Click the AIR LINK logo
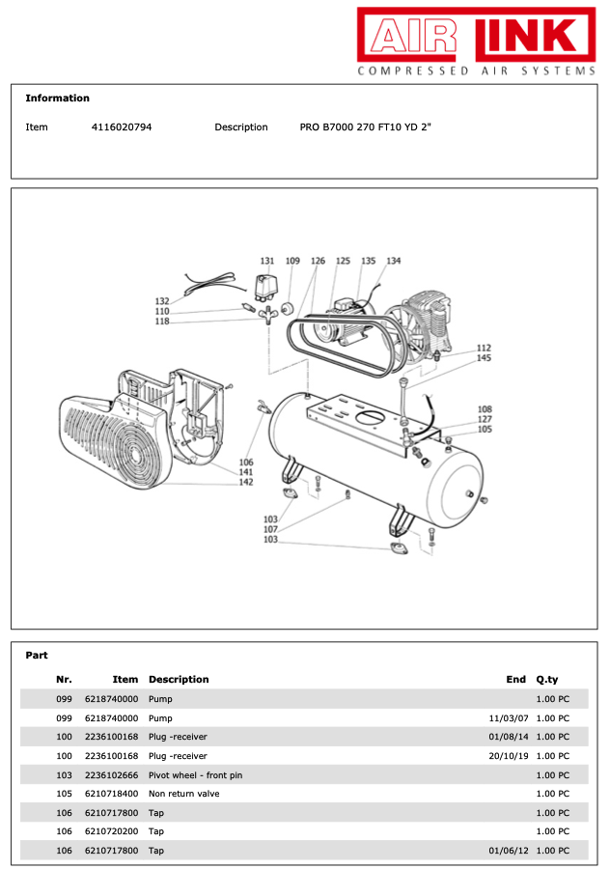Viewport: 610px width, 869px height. coord(477,35)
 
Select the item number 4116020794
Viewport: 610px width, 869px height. coord(121,127)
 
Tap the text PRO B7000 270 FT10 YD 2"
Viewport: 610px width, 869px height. coord(365,127)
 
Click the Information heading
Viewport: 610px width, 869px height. coord(57,98)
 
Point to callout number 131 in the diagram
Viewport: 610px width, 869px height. coord(267,261)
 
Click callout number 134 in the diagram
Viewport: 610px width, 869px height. coord(393,261)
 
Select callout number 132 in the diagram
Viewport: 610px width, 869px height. coord(162,301)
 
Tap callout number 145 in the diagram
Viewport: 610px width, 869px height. coord(484,358)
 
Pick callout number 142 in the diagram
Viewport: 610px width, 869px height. coord(246,482)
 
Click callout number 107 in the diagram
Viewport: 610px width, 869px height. coord(271,529)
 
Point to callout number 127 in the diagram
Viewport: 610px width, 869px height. coord(485,419)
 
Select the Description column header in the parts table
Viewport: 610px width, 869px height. coord(179,680)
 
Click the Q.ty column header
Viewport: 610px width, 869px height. coord(547,680)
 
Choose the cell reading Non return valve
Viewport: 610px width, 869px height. coord(183,794)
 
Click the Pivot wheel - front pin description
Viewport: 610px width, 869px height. coord(195,775)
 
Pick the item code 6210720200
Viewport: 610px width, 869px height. coord(112,831)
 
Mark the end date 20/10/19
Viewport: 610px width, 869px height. coord(509,756)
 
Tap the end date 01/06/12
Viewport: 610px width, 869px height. coord(509,851)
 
